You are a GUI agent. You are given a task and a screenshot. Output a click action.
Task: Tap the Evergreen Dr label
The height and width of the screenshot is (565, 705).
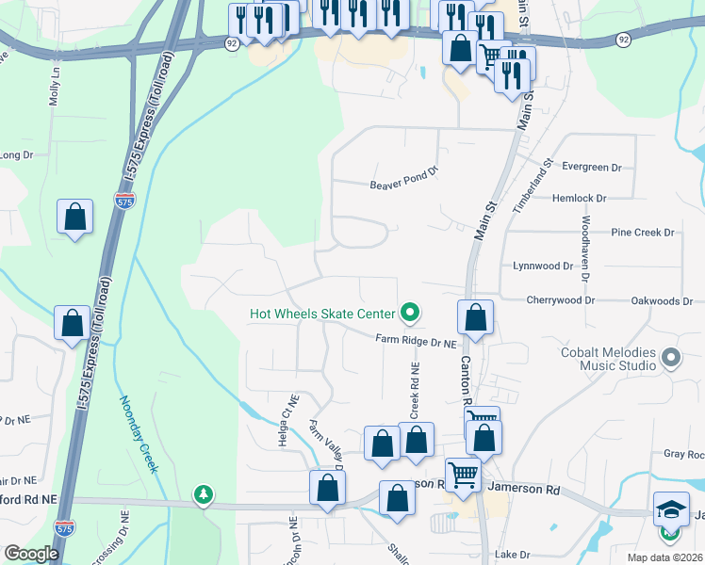(x=592, y=167)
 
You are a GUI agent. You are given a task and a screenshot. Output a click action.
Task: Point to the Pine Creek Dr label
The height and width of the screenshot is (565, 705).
(x=644, y=232)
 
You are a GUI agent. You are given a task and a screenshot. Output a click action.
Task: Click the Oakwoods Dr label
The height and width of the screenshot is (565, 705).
(x=662, y=300)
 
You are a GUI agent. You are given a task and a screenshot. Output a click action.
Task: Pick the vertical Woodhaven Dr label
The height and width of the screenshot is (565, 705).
(x=585, y=249)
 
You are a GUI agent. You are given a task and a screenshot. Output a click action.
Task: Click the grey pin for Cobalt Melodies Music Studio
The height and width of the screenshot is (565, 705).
(x=671, y=358)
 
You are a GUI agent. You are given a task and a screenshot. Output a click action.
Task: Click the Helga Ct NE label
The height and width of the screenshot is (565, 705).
(x=287, y=407)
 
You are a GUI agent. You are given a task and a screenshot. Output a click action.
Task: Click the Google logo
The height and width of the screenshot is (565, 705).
(x=31, y=554)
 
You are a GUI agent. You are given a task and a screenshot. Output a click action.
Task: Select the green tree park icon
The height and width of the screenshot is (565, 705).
(x=203, y=493)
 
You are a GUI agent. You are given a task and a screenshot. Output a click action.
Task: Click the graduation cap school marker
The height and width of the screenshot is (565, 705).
(x=671, y=509)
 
